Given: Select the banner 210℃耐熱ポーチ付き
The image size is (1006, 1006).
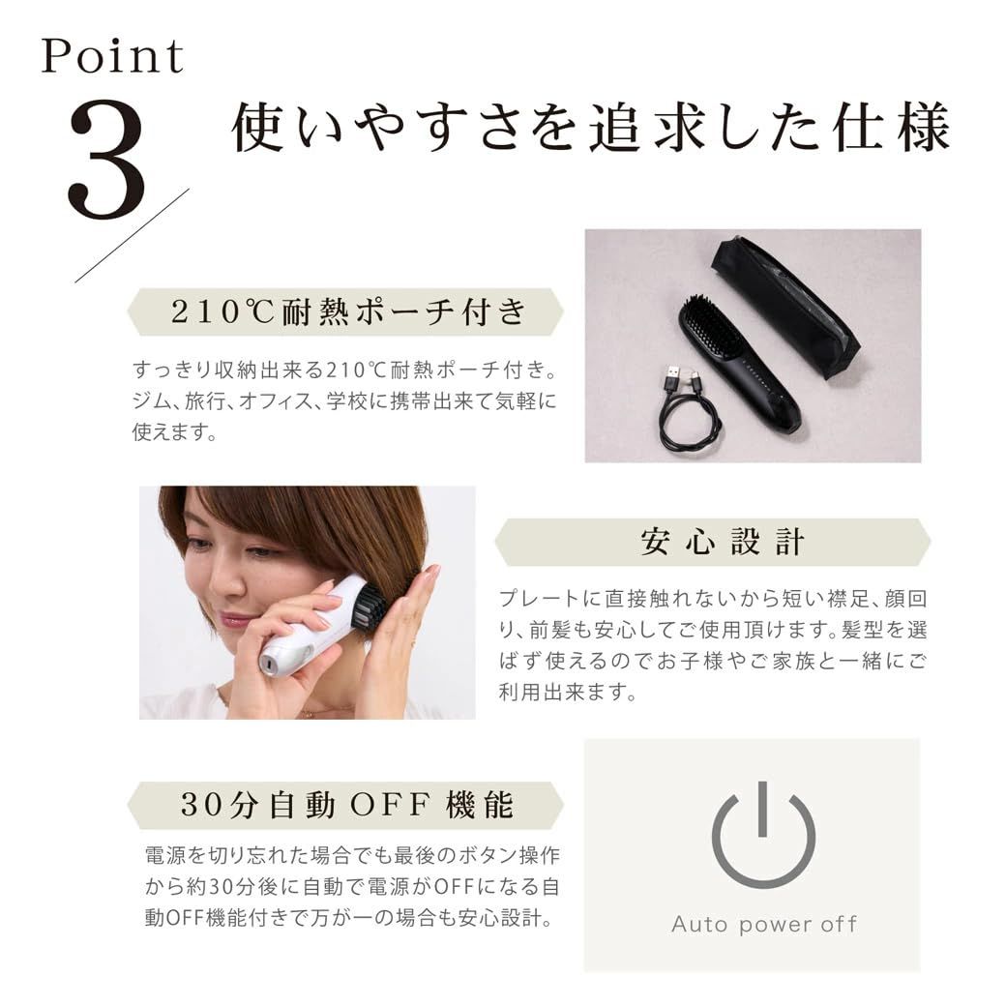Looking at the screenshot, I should pos(345,312).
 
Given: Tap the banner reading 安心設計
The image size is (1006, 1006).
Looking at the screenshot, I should pos(712,542).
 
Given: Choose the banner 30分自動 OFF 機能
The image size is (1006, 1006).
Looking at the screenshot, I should pos(345,805).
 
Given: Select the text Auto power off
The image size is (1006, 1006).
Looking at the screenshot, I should pos(764,924).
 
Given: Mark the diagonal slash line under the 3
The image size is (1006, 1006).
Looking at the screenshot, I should pos(133,235).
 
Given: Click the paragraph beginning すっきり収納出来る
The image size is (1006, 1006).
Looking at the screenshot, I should pos(345,401).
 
